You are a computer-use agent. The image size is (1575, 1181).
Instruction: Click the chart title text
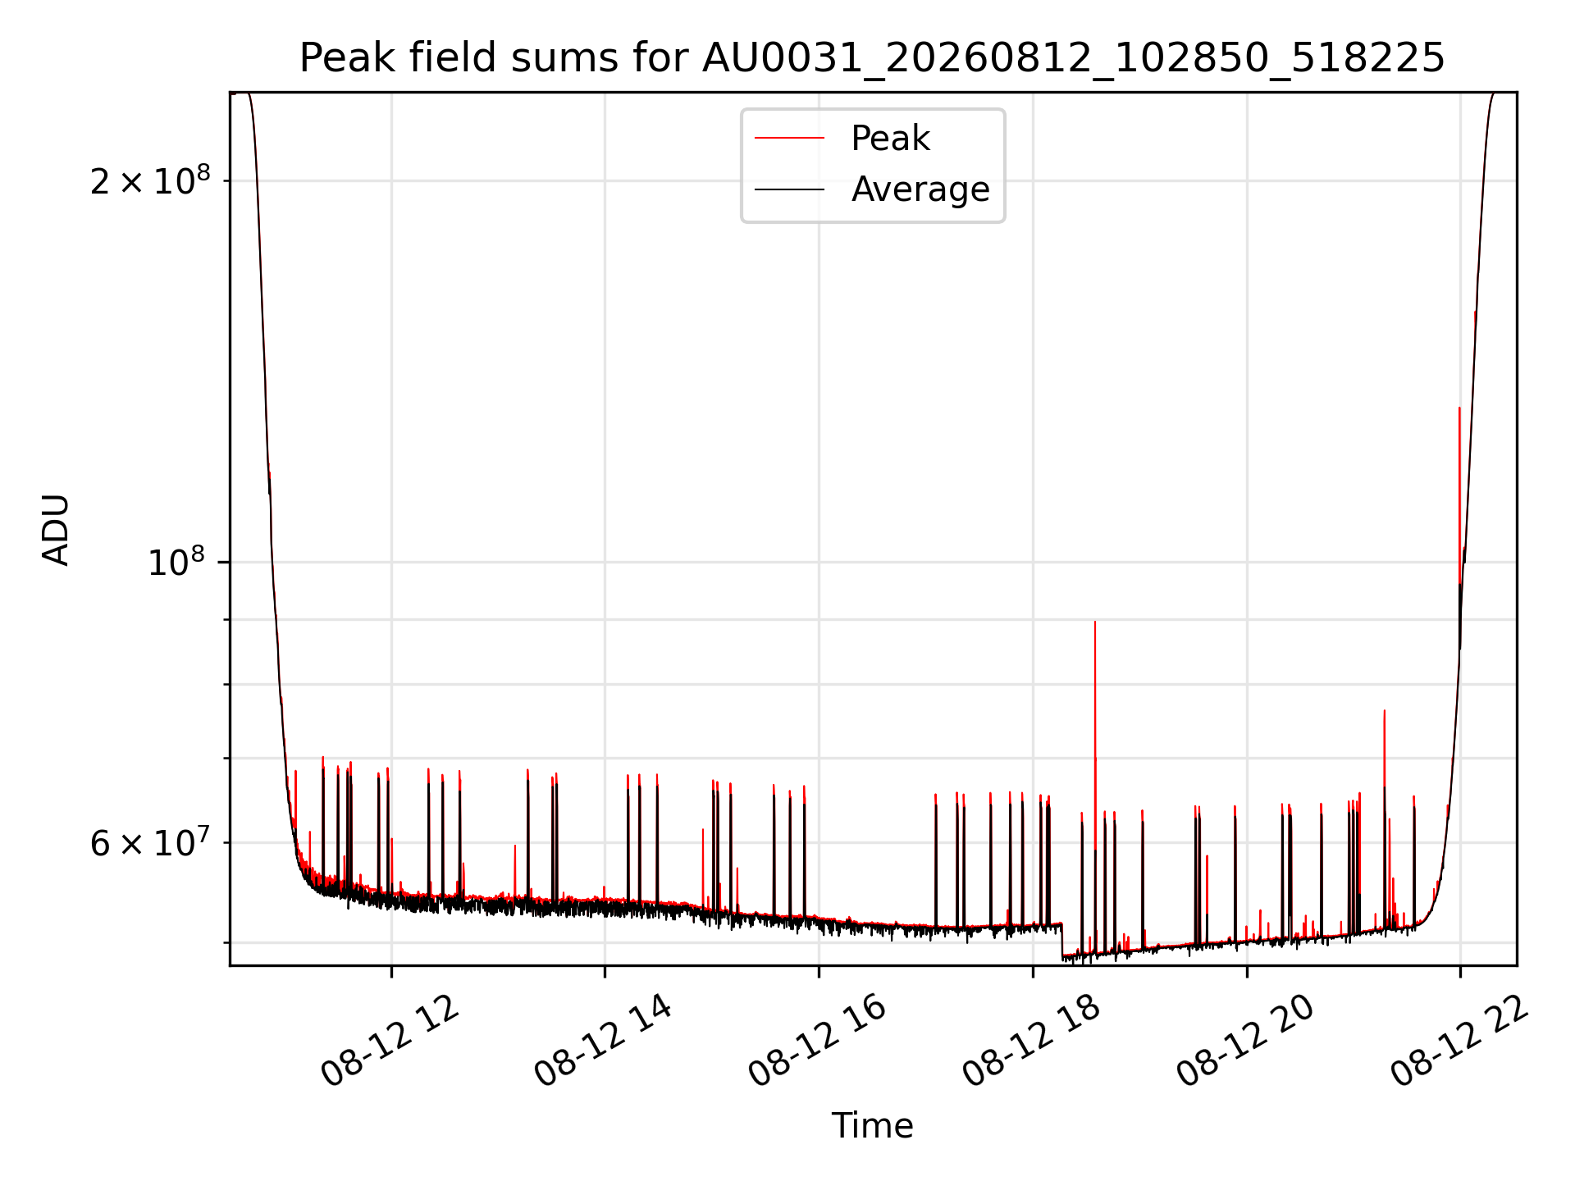click(872, 58)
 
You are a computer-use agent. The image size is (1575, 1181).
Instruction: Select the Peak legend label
click(890, 139)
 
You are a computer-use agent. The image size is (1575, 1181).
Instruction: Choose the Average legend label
click(920, 189)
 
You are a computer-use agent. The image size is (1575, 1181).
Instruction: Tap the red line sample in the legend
click(789, 139)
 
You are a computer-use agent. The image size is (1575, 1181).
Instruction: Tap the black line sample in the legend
click(789, 189)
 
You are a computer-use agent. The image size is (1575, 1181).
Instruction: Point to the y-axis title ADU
click(56, 530)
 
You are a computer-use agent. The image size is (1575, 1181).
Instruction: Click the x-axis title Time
click(872, 1126)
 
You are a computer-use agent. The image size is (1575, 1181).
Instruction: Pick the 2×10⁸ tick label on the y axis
click(150, 180)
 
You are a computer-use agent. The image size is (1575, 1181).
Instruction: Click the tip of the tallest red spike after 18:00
click(1095, 622)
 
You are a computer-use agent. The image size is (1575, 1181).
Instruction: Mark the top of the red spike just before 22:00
click(1459, 408)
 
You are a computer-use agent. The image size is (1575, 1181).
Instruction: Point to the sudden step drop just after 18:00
click(1062, 940)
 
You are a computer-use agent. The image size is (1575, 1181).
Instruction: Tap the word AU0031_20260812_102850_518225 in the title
click(1073, 58)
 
